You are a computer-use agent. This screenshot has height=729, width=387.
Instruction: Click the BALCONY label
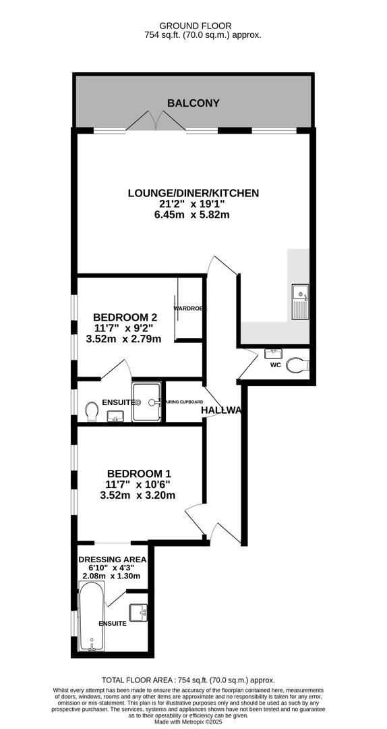point(193,103)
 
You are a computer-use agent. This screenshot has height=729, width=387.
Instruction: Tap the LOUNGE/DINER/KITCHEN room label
point(193,193)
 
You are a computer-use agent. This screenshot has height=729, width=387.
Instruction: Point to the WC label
point(275,365)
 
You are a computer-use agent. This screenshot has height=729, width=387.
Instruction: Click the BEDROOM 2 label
point(125,317)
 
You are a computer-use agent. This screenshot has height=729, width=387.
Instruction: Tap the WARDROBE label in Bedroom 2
point(189,308)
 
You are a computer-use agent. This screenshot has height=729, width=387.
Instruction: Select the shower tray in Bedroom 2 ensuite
point(146,402)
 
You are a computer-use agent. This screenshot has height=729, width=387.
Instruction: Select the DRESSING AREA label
point(112,560)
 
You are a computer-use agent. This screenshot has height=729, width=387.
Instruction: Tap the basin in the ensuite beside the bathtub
point(140,613)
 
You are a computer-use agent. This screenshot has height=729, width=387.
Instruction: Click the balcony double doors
point(156,122)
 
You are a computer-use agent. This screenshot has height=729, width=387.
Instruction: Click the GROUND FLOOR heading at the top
point(193,24)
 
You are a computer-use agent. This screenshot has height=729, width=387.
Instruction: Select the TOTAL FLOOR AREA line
point(188,681)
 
